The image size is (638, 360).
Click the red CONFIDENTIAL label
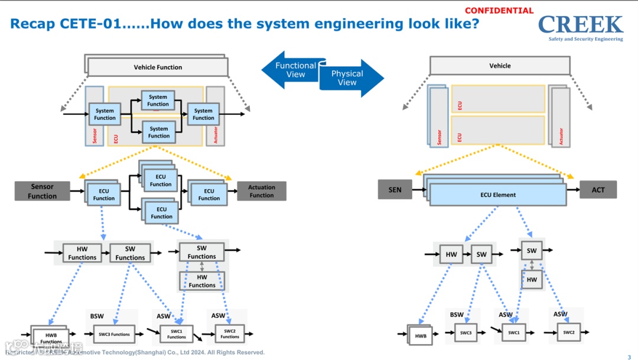pyautogui.click(x=499, y=11)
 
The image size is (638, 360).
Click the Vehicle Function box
pyautogui.click(x=158, y=67)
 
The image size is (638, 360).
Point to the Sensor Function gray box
pyautogui.click(x=42, y=191)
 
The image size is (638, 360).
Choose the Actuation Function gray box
pyautogui.click(x=262, y=191)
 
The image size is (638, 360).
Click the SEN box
pyautogui.click(x=395, y=190)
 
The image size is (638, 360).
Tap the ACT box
pyautogui.click(x=598, y=190)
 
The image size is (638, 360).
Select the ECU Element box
pyautogui.click(x=498, y=194)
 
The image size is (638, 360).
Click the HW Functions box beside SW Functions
pyautogui.click(x=82, y=253)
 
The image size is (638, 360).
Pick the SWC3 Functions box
pyautogui.click(x=114, y=335)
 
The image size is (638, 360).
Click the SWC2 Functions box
pyautogui.click(x=230, y=334)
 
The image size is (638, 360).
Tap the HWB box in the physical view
pyautogui.click(x=421, y=336)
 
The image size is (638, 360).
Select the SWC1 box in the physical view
pyautogui.click(x=514, y=333)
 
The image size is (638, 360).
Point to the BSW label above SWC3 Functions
pyautogui.click(x=97, y=316)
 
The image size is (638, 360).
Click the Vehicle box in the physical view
pyautogui.click(x=500, y=66)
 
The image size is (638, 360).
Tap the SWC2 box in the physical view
pyautogui.click(x=568, y=332)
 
